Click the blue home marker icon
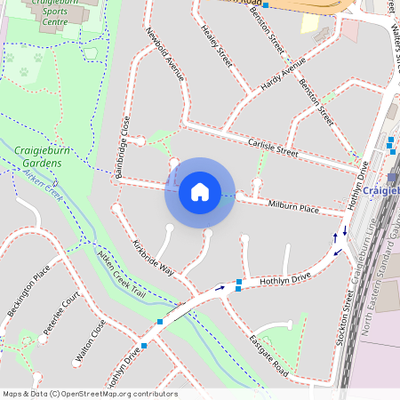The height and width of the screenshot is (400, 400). tap(199, 192)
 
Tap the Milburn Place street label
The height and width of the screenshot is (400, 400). tap(293, 207)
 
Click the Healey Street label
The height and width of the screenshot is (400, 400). tap(216, 46)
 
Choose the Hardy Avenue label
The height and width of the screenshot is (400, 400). tap(283, 79)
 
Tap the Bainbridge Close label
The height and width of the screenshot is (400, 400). tap(127, 144)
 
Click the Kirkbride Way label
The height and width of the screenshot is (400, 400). tap(153, 257)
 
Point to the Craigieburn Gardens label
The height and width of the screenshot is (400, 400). tap(38, 157)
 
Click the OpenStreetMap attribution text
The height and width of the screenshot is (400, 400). tap(89, 394)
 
